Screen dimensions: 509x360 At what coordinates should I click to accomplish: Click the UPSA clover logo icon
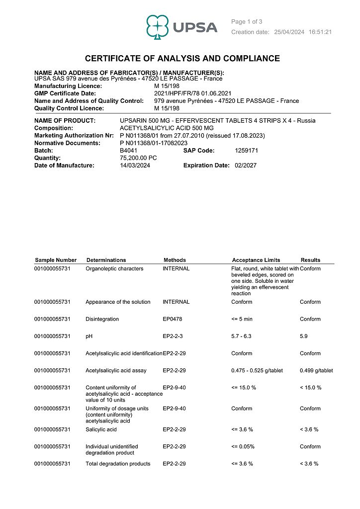tap(158, 26)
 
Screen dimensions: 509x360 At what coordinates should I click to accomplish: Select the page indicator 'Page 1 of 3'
tap(247, 21)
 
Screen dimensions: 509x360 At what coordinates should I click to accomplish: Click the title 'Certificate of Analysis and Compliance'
tap(182, 59)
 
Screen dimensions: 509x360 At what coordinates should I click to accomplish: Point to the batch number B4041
tap(128, 151)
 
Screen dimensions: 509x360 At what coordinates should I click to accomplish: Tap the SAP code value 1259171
tap(246, 151)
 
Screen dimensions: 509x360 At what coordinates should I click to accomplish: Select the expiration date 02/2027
tap(246, 166)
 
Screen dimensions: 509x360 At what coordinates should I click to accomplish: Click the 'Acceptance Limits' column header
tap(256, 260)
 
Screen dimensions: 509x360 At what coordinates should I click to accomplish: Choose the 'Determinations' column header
tap(106, 260)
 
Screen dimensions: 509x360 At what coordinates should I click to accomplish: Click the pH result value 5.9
tap(304, 337)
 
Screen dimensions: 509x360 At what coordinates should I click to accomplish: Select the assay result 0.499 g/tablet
tap(316, 370)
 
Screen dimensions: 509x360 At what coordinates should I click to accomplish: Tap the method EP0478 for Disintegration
tap(173, 319)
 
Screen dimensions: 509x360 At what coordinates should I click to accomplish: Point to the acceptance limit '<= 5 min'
tap(242, 319)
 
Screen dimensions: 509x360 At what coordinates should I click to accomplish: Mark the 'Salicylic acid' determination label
tap(101, 429)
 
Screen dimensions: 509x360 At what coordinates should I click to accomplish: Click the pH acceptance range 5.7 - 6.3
tap(242, 337)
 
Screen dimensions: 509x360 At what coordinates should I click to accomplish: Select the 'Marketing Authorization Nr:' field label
tap(74, 136)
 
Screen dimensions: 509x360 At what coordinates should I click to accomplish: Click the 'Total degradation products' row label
tap(118, 464)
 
